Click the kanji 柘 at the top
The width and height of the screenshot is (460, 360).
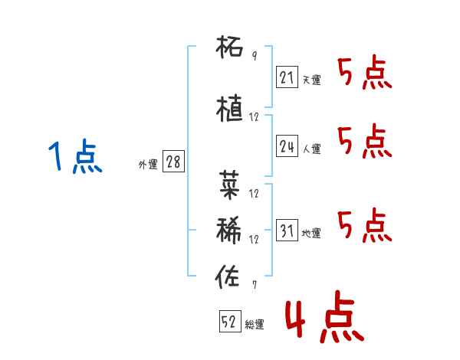(x=229, y=47)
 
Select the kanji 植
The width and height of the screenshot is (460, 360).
(x=229, y=108)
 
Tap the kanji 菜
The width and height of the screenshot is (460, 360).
(x=229, y=185)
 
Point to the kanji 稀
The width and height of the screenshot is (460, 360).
(x=228, y=230)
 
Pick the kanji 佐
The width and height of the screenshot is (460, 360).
(x=228, y=277)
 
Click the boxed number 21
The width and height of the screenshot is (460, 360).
(x=287, y=77)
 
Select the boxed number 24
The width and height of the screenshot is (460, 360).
(x=287, y=146)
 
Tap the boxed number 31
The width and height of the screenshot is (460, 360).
(x=287, y=230)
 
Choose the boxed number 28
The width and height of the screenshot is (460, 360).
(x=173, y=162)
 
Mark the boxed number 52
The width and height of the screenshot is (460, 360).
(x=230, y=321)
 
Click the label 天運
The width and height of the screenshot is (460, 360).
(x=311, y=80)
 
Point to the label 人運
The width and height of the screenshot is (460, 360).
(x=311, y=149)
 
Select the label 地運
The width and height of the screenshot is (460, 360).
(x=311, y=233)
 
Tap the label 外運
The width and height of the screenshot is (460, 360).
(x=148, y=165)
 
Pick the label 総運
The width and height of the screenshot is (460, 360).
(x=255, y=325)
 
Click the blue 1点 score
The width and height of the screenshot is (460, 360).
(x=75, y=156)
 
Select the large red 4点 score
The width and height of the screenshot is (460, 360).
(x=324, y=316)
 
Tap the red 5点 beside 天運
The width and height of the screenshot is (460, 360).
(x=365, y=74)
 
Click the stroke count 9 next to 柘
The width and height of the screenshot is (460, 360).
(x=255, y=55)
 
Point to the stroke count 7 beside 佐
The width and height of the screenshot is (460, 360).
(x=255, y=284)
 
